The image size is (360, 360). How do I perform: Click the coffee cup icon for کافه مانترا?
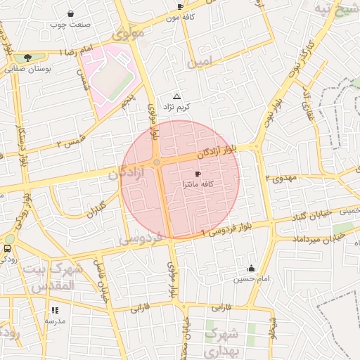click(x=198, y=174)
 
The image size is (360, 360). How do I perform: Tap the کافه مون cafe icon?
click(x=180, y=7)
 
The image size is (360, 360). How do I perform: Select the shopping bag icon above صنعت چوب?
click(x=70, y=13)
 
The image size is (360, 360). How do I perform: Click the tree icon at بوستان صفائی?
click(x=27, y=58)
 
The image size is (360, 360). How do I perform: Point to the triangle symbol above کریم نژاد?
click(x=176, y=96)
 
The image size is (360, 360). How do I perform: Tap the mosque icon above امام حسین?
click(x=251, y=268)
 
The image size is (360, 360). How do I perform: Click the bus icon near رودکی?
click(x=8, y=248)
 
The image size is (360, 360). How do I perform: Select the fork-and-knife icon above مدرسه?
click(x=55, y=309)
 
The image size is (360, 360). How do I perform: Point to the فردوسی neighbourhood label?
click(x=141, y=238)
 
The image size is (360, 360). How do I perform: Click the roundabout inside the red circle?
click(x=156, y=162)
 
